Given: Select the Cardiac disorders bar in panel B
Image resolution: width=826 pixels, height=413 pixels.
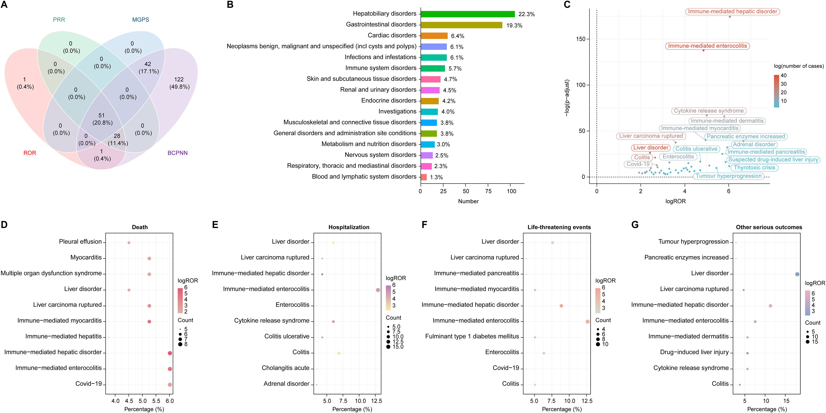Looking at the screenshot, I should coord(434,36).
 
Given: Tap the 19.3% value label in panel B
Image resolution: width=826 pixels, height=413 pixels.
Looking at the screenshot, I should coord(514,25).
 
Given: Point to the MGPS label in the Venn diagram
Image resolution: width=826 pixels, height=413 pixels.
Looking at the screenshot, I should coord(140,20).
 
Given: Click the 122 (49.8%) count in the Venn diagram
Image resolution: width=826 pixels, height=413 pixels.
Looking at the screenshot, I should coord(179,83).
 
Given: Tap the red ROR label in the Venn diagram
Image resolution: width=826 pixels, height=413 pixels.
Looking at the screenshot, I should coord(29,153).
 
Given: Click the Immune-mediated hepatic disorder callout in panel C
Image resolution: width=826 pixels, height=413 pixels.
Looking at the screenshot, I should coord(732,11).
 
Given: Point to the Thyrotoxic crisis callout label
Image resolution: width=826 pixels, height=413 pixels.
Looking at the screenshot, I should coord(754,167).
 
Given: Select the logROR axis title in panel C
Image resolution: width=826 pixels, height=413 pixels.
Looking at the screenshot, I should coord(675,201).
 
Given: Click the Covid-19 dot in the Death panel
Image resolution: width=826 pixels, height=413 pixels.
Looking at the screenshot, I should coord(170,384).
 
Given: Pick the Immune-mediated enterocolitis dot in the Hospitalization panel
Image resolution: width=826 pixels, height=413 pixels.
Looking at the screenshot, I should coord(378,290).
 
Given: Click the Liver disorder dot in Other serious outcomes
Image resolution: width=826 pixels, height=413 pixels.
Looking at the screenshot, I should coord(797,274).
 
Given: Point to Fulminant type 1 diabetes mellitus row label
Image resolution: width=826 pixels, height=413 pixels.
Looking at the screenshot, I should coord(472,336).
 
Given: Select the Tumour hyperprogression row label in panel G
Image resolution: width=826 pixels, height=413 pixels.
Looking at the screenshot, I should coord(693,242).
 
